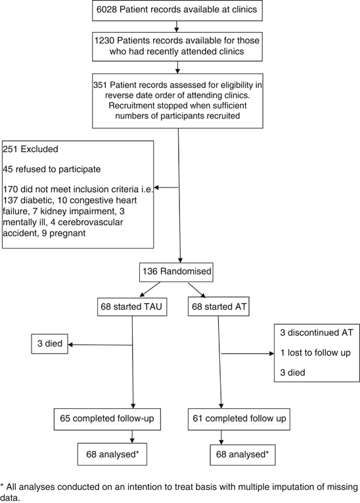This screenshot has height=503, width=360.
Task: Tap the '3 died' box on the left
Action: pyautogui.click(x=51, y=344)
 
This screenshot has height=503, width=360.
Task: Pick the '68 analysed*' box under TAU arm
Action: pyautogui.click(x=112, y=453)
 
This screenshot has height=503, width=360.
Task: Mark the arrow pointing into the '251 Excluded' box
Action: pyautogui.click(x=160, y=187)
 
